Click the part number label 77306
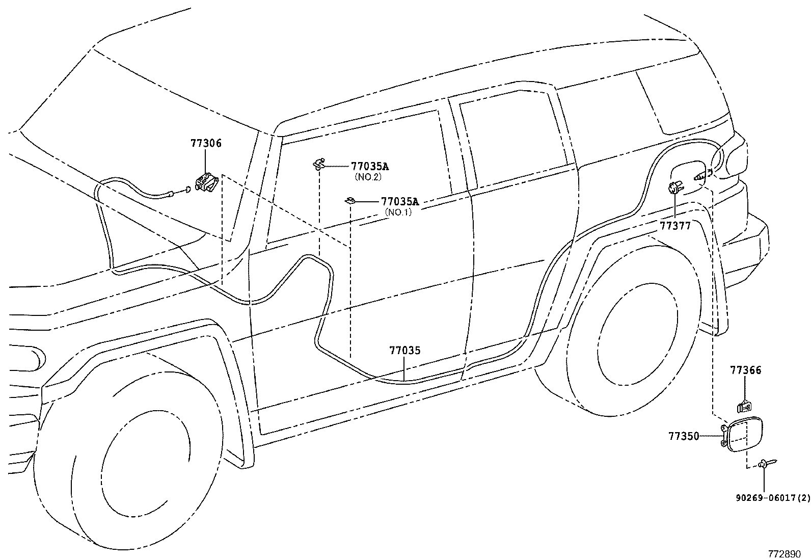coord(206,144)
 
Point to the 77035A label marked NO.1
coord(399,201)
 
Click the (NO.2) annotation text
coord(368,177)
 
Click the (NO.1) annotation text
coord(398,212)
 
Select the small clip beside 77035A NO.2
coord(319,164)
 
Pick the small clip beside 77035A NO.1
coord(349,200)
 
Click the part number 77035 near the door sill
coord(405,351)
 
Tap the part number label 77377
coord(675,226)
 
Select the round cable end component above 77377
coord(675,188)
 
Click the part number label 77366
coord(745,370)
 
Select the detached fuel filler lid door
coord(745,435)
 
